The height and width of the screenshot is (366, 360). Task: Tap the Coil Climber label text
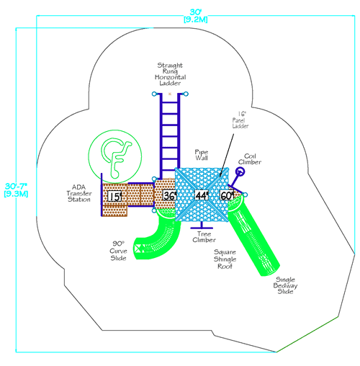pyautogui.click(x=253, y=159)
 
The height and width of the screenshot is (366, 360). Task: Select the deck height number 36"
pyautogui.click(x=169, y=195)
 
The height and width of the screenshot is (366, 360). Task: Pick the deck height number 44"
pyautogui.click(x=201, y=195)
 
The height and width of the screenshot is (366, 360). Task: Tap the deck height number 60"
pyautogui.click(x=227, y=195)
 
